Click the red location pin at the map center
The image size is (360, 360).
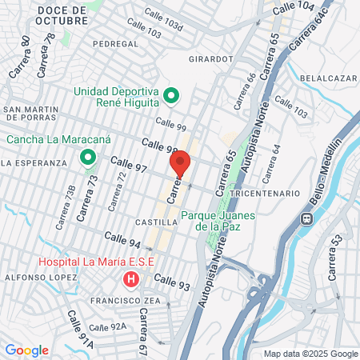click(x=180, y=165)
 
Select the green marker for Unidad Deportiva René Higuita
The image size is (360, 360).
click(x=170, y=97)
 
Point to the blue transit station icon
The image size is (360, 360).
click(x=306, y=218)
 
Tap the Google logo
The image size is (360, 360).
click(x=26, y=350)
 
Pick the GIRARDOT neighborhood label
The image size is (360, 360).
click(x=210, y=58)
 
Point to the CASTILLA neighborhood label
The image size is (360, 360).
click(x=156, y=222)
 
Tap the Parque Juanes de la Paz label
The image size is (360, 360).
click(x=213, y=220)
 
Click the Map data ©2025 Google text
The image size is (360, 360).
click(x=311, y=354)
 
